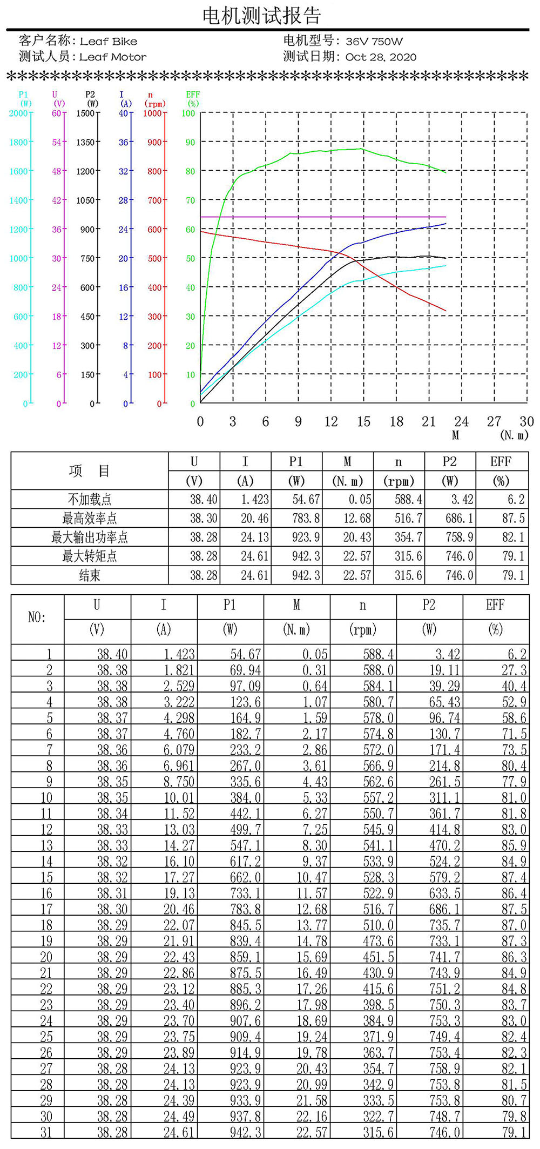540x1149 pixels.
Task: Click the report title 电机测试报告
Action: [262, 16]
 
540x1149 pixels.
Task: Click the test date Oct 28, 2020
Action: [381, 57]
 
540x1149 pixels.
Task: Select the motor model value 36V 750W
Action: [374, 41]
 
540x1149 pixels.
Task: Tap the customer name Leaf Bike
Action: [109, 41]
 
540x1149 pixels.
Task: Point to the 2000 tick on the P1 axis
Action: [18, 113]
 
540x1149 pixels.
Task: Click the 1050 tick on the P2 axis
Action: [85, 200]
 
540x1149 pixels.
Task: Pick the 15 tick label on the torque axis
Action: [363, 422]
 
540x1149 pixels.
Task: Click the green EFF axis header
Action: [193, 98]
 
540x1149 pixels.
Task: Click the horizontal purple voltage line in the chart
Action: [324, 217]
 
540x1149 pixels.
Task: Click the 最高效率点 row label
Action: [89, 519]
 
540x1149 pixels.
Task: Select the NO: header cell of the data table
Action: [37, 617]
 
